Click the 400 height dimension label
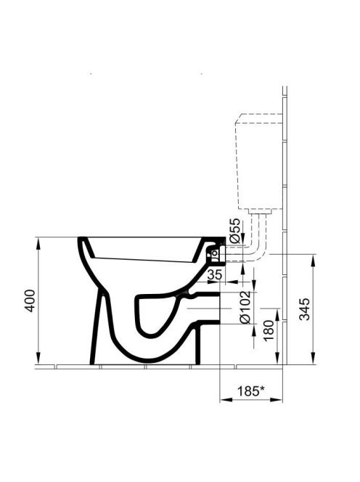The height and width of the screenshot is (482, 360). [x=30, y=301]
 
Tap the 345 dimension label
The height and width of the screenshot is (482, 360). [x=305, y=309]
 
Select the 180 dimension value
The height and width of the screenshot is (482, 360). [x=269, y=330]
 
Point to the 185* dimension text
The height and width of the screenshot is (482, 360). [x=250, y=391]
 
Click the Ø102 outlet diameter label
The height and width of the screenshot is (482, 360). [x=245, y=307]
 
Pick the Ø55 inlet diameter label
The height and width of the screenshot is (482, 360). [x=234, y=231]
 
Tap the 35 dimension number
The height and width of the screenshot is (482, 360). [x=214, y=274]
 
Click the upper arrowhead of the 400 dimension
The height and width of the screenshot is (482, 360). [x=38, y=243]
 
